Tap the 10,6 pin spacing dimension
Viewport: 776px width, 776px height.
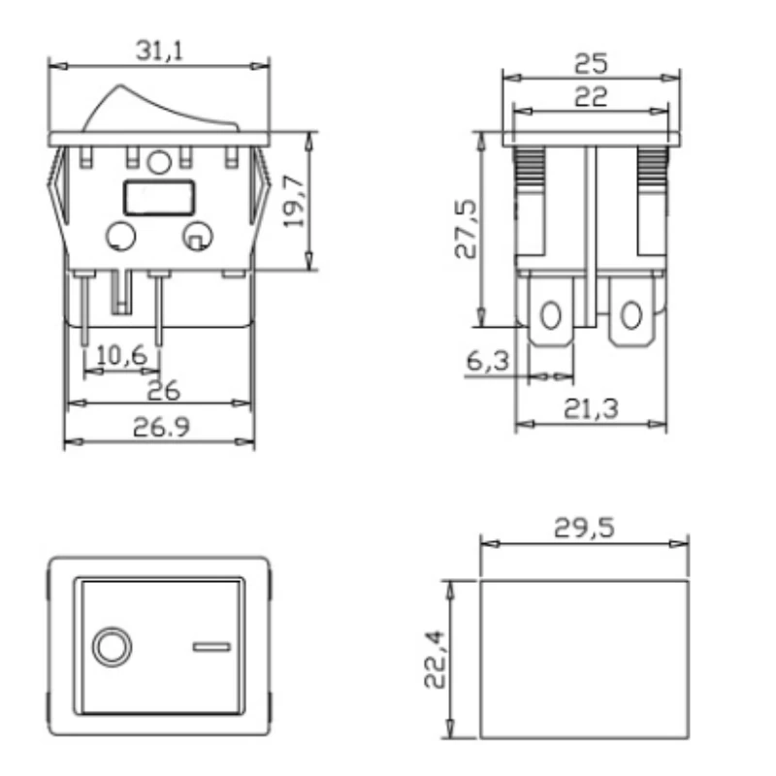122,355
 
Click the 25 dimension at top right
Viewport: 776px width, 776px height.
591,63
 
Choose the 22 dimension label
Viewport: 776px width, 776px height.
591,96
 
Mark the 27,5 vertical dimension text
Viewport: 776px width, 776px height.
467,230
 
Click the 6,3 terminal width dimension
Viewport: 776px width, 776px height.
488,361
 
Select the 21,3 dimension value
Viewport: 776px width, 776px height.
591,409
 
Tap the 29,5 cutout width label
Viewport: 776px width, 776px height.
584,528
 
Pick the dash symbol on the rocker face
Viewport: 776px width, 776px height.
210,647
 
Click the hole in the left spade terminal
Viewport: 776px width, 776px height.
551,315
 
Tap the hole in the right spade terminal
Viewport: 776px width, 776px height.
631,315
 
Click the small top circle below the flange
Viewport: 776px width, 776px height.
161,161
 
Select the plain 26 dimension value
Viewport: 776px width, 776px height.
164,390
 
